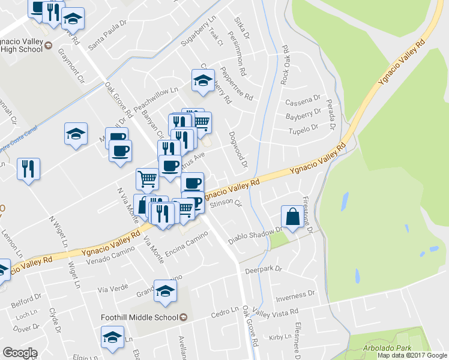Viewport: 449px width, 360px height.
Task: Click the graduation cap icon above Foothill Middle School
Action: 165,291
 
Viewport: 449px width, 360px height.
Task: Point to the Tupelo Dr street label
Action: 303,130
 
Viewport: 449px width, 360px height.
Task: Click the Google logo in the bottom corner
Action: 20,353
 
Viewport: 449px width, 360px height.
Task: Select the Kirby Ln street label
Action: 280,338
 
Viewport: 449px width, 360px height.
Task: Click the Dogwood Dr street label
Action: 237,149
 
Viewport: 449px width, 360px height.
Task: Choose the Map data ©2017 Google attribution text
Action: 412,355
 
